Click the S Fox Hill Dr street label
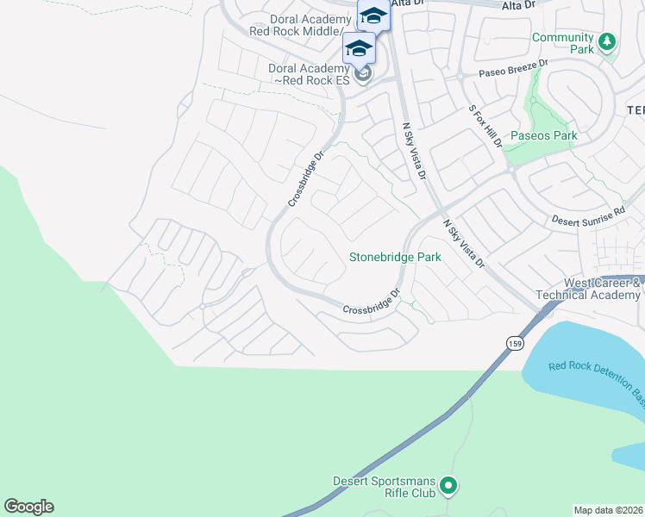coord(485,127)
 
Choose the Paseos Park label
coord(543,136)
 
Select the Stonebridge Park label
coord(395,257)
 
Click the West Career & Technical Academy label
coord(602,289)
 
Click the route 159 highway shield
coord(514,341)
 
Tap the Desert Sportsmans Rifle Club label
coord(385,488)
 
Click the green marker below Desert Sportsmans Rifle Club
coord(448,488)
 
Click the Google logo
coord(28,507)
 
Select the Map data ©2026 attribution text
coord(608,510)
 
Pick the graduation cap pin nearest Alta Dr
coord(373,16)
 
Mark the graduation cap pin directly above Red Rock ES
coord(358,47)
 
